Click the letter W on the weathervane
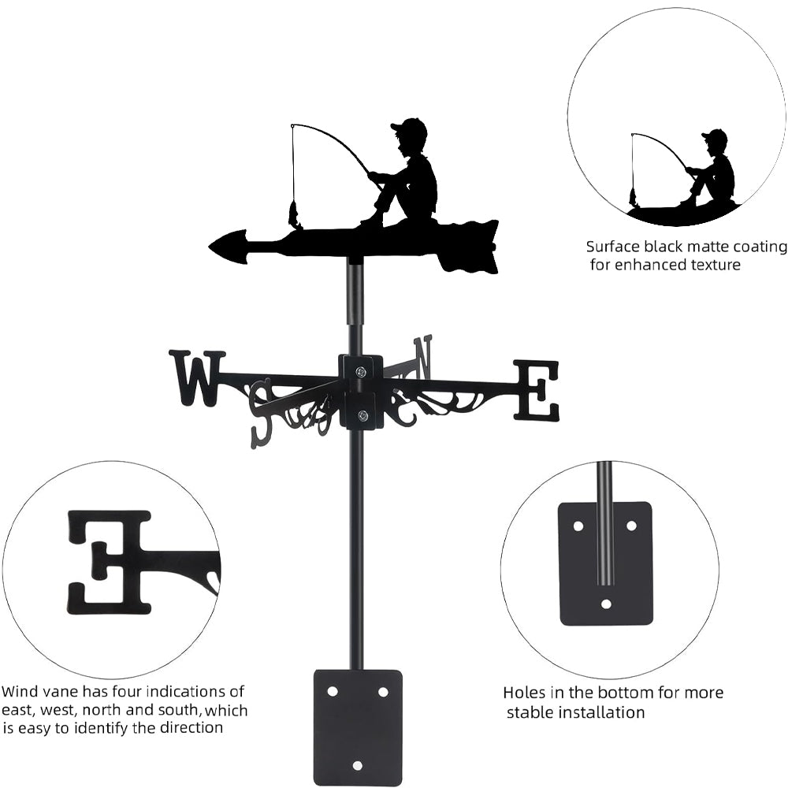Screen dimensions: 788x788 pos(196,378)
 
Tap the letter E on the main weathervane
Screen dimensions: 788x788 pos(537,389)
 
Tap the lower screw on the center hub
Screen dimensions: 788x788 pos(362,416)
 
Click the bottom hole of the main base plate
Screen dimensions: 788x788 pos(358,765)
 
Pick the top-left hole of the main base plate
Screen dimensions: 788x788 pos(333,691)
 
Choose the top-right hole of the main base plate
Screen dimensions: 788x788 pos(383,691)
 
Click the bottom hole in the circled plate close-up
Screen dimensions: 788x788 pos(606,604)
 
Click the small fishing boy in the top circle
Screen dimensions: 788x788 pos(713,169)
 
